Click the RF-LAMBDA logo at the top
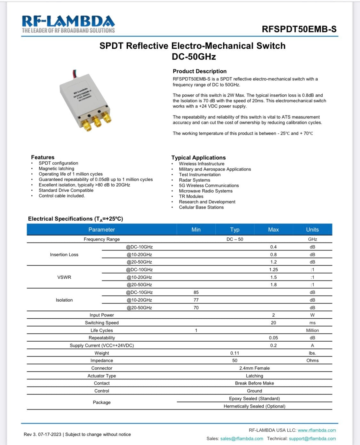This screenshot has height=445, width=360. point(68,24)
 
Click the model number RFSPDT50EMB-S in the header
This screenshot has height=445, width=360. point(299,29)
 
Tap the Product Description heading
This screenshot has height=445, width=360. point(199,71)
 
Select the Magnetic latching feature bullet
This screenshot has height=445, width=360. point(56,169)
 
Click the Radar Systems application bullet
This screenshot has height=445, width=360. point(194,180)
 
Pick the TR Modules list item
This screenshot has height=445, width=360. point(191,196)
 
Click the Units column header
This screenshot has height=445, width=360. point(312,230)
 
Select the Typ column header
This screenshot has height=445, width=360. point(235,230)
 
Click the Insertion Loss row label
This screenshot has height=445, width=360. point(64,255)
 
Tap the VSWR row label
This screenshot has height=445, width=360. point(64,277)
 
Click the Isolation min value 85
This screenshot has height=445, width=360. point(196,292)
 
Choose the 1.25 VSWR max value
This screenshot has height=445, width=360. point(273,270)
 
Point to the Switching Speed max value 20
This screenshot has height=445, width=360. point(273,323)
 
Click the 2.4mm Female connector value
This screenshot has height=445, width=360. point(254,368)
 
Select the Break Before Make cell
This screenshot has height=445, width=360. point(254,383)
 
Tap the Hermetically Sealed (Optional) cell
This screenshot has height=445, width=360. point(254,406)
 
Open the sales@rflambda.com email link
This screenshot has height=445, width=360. point(242,439)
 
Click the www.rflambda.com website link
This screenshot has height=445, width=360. point(317,430)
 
